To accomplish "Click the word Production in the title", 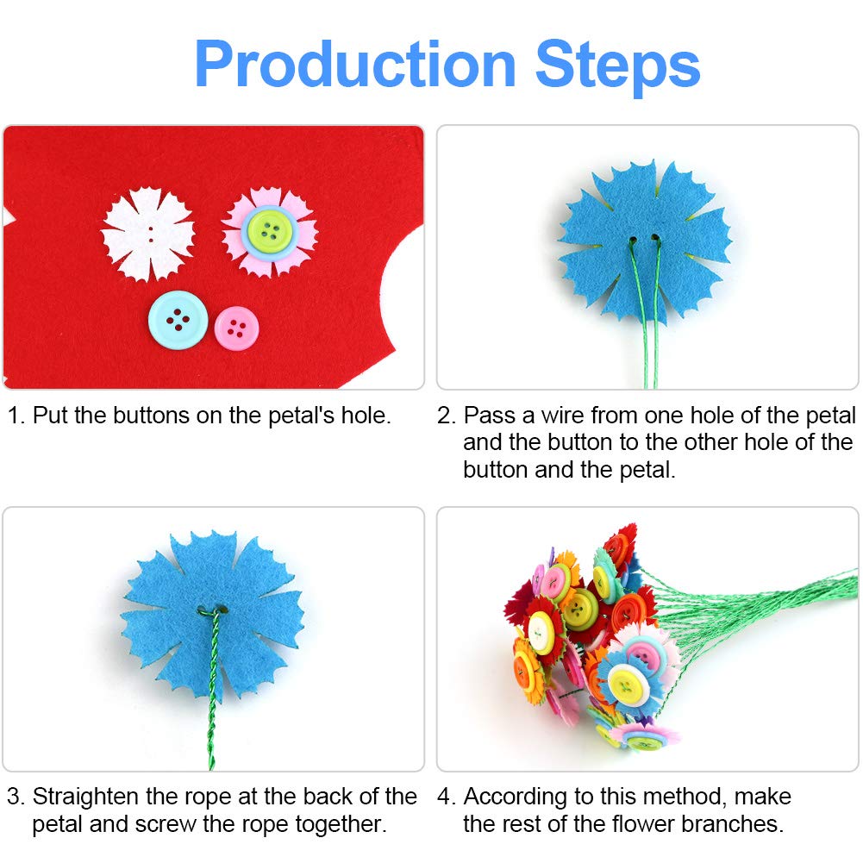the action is (x=355, y=65).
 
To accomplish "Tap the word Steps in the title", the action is (x=617, y=67).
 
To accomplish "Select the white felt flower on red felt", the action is (x=148, y=234).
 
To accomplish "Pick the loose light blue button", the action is (x=178, y=320).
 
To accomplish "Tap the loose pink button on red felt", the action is (x=237, y=328).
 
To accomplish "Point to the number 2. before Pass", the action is (x=447, y=416).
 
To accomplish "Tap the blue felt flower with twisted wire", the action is (x=212, y=616).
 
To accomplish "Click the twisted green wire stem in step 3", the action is (x=212, y=688).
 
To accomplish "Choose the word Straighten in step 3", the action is (x=86, y=797).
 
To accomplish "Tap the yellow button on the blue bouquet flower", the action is (x=625, y=685).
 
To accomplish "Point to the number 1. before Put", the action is (x=16, y=416).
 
